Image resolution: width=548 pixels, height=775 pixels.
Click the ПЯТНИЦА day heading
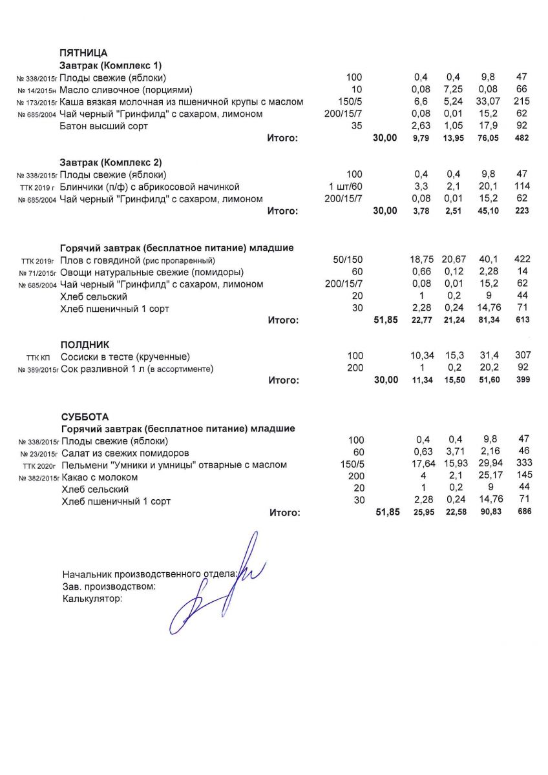coord(83,53)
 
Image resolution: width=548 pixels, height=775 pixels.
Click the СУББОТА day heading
coord(85,417)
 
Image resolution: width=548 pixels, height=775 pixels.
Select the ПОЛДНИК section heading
coord(85,345)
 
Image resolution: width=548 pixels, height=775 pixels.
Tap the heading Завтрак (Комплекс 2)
coord(111,162)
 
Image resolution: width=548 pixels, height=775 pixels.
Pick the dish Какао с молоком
coord(100,477)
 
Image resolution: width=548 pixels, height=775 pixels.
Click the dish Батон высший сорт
coord(103,126)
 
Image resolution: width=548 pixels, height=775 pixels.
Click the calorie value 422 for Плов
coord(522,259)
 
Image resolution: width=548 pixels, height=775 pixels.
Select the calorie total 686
coord(523,513)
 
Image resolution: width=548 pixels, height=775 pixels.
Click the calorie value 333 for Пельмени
coord(523,465)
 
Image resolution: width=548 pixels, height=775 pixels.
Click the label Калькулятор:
coord(92,599)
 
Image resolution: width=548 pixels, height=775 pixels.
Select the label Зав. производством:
coord(109,586)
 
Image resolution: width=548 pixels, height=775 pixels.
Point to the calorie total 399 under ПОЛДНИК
coord(522,380)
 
